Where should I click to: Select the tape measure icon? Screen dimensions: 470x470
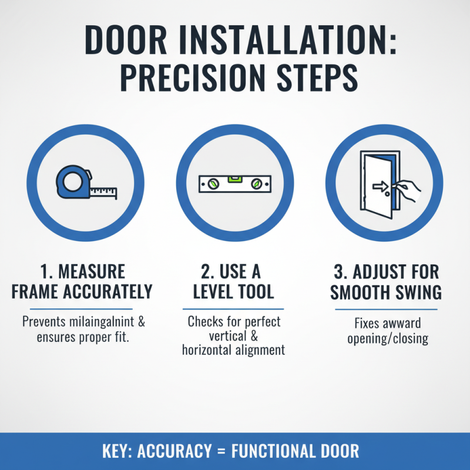pos(86,183)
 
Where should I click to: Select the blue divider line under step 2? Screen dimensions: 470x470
pos(233,309)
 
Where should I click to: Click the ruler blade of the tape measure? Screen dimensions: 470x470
pos(105,192)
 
